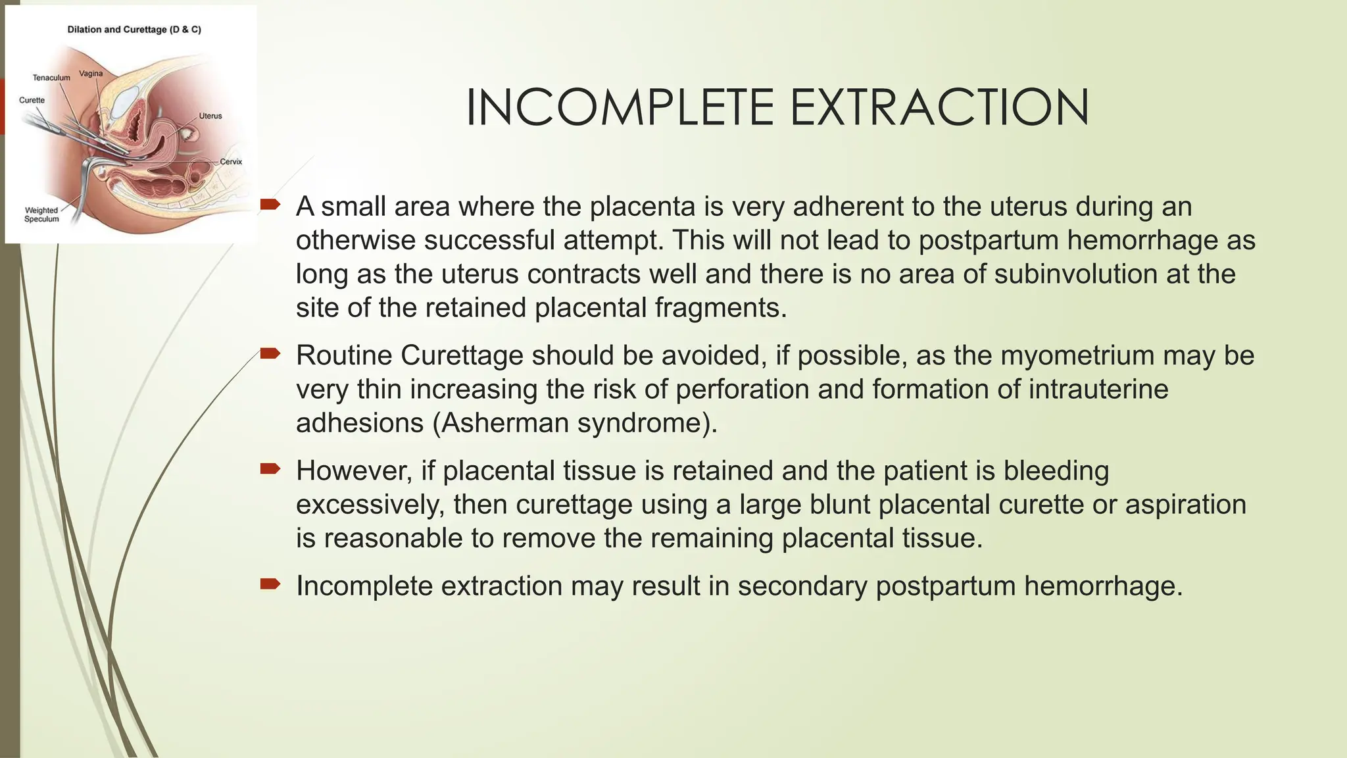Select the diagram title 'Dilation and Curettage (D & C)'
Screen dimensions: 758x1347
point(134,30)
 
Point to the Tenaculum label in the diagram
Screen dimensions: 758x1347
point(51,78)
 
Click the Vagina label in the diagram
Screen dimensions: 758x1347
point(91,74)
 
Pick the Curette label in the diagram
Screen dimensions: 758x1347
point(32,100)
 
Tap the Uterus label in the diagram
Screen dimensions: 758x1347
point(210,116)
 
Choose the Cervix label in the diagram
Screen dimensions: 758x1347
point(231,161)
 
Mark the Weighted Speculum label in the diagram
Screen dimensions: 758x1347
point(41,215)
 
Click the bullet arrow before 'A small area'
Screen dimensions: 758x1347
point(270,205)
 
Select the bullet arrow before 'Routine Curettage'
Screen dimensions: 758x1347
point(270,354)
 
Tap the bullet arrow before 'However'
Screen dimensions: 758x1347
point(270,469)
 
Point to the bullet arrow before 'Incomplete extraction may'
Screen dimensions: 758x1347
point(270,584)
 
